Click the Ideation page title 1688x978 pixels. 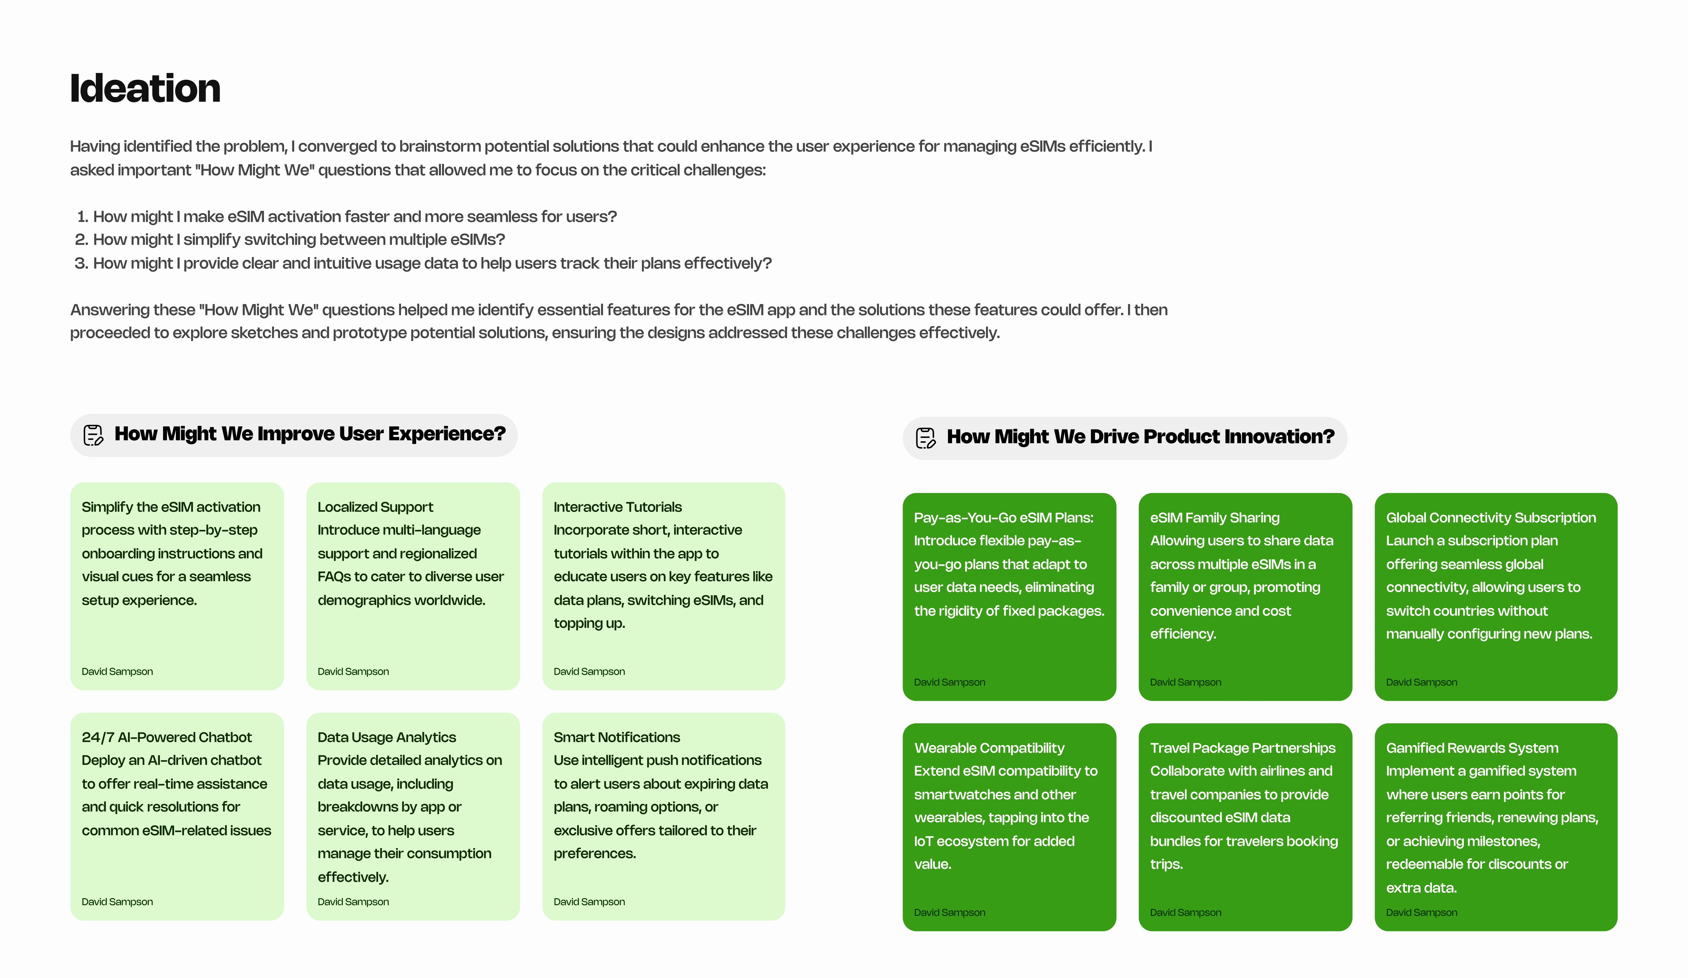click(x=145, y=88)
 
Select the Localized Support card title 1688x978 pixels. click(x=375, y=507)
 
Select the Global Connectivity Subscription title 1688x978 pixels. click(x=1490, y=518)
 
